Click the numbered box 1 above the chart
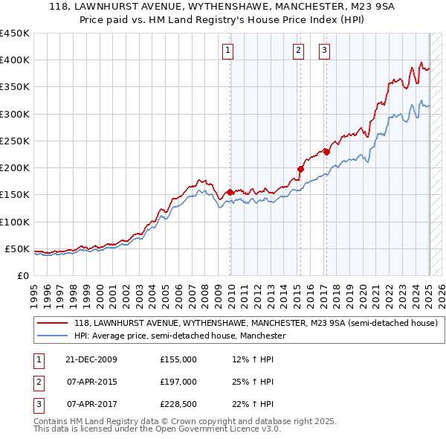click(227, 51)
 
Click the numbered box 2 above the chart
click(298, 51)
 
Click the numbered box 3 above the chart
click(325, 51)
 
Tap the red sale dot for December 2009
click(230, 192)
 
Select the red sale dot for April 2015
click(301, 169)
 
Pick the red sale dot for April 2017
click(326, 152)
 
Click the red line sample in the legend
click(54, 324)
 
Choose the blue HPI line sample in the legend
click(54, 336)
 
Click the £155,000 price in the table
click(178, 359)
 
